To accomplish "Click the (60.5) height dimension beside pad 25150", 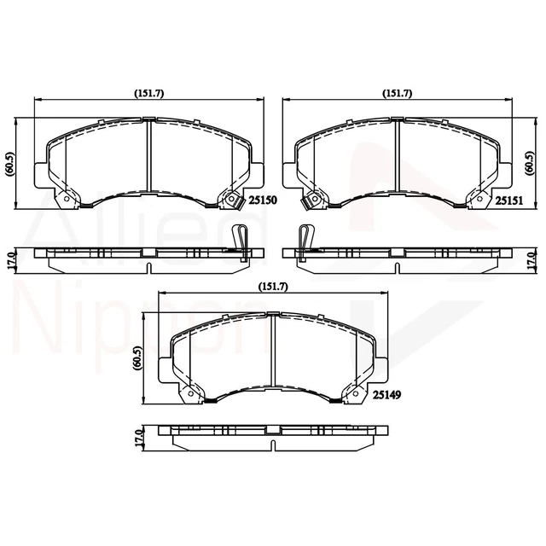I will (10, 163).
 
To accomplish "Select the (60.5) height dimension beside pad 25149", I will (136, 357).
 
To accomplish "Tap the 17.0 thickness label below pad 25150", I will (10, 258).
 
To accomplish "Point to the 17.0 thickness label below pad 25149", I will (136, 439).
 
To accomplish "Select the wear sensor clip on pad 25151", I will (312, 200).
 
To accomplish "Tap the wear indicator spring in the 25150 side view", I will (241, 240).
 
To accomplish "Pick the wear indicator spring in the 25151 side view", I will (304, 240).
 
